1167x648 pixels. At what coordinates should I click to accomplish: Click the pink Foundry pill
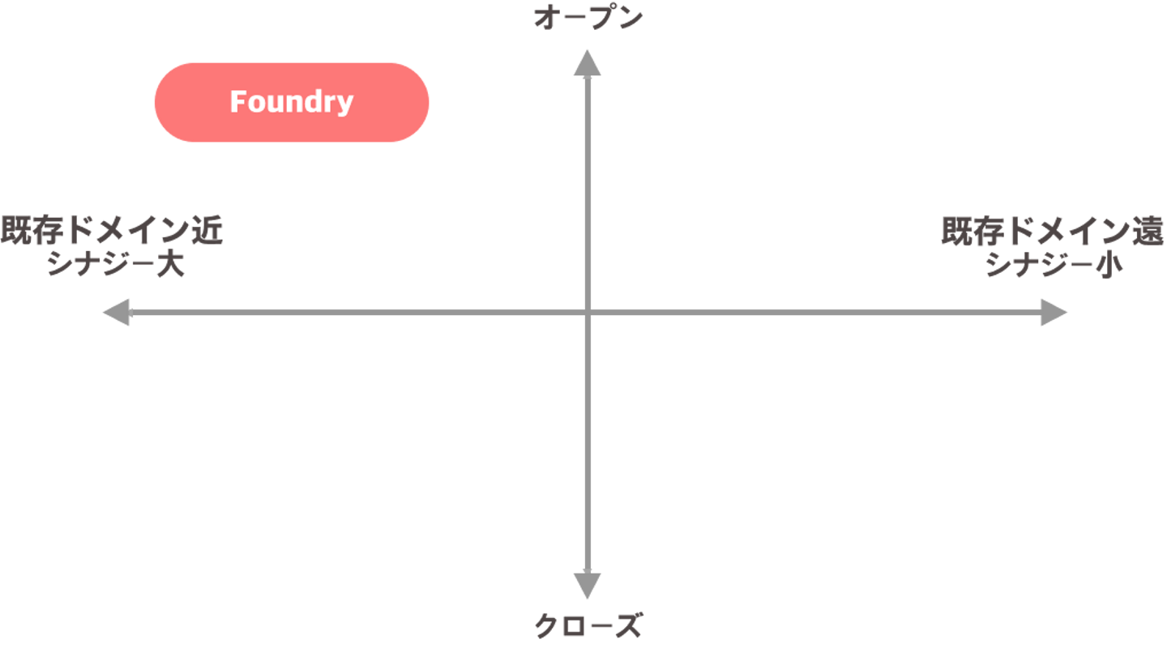click(292, 102)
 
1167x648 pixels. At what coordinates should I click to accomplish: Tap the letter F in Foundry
click(237, 102)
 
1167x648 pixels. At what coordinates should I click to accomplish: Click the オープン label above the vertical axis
click(588, 19)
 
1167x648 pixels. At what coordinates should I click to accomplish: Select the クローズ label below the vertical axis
click(588, 625)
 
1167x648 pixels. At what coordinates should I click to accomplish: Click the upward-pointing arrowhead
click(588, 62)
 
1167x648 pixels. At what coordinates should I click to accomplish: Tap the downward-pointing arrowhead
click(588, 585)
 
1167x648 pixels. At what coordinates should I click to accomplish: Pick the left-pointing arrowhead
click(116, 313)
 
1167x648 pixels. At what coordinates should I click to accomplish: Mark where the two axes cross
click(588, 313)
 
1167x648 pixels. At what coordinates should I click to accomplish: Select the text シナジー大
click(116, 265)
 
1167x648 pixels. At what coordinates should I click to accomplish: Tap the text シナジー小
click(1054, 265)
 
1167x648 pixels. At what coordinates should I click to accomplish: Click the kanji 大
click(172, 265)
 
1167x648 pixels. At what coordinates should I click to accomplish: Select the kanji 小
click(1110, 265)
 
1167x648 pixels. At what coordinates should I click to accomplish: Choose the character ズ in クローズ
click(629, 625)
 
